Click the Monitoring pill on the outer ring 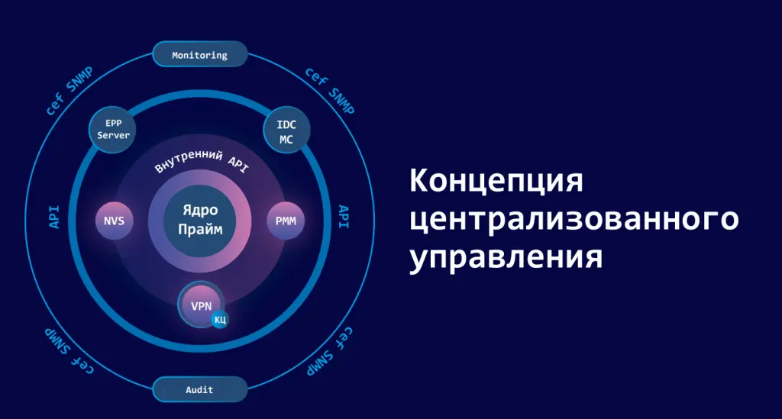[x=200, y=55]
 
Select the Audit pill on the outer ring [x=200, y=390]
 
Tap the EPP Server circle [x=113, y=129]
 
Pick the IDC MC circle [x=286, y=131]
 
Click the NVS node [x=114, y=222]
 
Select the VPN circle [x=201, y=305]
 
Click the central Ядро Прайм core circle [x=200, y=220]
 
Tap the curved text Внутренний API [x=201, y=161]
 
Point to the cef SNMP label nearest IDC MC [x=330, y=91]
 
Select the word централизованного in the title [x=574, y=220]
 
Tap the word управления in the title [x=506, y=257]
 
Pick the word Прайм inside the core [x=200, y=228]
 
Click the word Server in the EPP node [x=113, y=136]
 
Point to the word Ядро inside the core [x=200, y=210]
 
